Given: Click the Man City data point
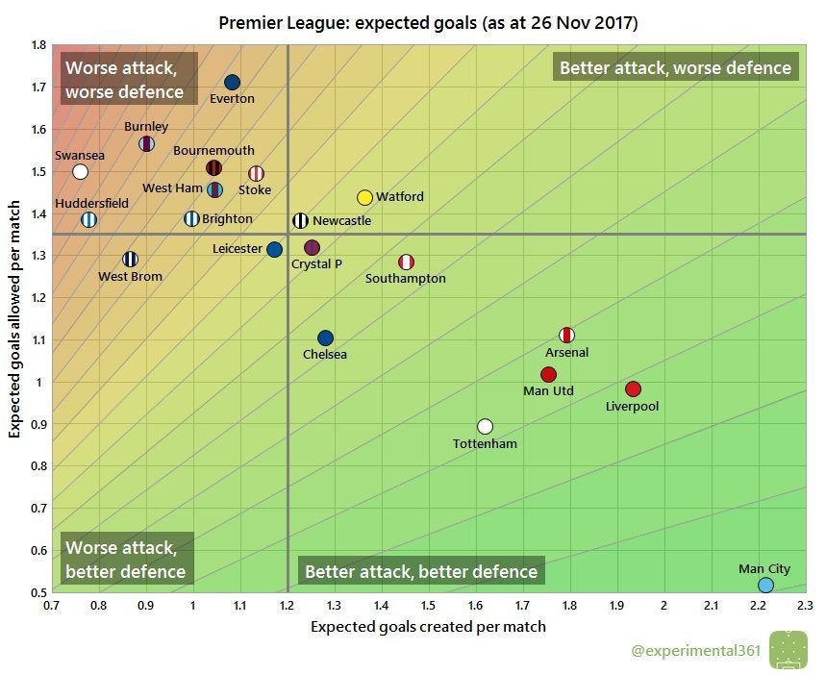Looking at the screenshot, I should pos(765,585).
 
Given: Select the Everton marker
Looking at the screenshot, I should pos(232,83).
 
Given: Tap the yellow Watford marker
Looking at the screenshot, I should pos(364,197).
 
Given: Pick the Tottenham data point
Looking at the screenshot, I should pos(485,426).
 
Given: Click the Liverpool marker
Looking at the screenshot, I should pos(633,389).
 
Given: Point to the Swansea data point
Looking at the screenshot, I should pos(81,172).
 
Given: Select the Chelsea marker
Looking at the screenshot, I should pos(325,338).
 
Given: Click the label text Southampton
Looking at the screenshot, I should pos(406,279).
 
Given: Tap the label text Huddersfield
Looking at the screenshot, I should pos(91,203).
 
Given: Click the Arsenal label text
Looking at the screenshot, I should pos(566,352).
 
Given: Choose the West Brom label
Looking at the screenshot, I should pos(130,277).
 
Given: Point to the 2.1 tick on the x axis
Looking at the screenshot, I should pos(712,606).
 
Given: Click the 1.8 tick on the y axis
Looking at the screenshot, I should pos(38,45).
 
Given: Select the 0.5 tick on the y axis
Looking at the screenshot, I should pos(38,592).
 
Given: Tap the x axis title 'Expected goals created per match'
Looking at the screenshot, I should pos(428,627).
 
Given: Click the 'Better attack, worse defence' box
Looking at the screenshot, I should pos(675,68).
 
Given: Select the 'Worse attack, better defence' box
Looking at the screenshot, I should pos(125,559).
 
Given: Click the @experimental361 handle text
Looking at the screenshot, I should pos(696,651).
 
